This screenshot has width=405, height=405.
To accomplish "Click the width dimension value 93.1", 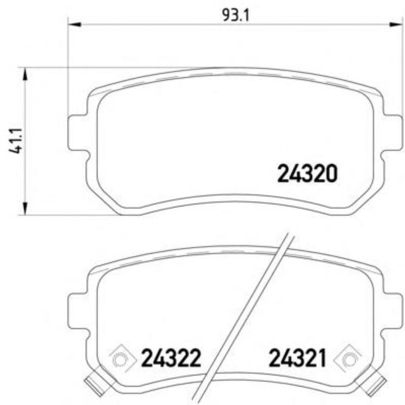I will coord(235,14).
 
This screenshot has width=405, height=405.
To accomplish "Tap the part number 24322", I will coord(171,359).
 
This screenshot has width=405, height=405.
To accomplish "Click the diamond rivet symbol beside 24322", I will coord(120,359).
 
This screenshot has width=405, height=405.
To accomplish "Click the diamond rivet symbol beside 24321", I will coord(350,359).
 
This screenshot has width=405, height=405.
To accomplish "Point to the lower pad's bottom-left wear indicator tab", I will coord(93,382).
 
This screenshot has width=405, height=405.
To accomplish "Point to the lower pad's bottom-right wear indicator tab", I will coord(377,382).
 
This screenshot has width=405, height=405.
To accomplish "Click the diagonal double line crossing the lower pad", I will coord(249,312).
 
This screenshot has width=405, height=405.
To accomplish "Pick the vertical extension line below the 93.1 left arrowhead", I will coord(68,69).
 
